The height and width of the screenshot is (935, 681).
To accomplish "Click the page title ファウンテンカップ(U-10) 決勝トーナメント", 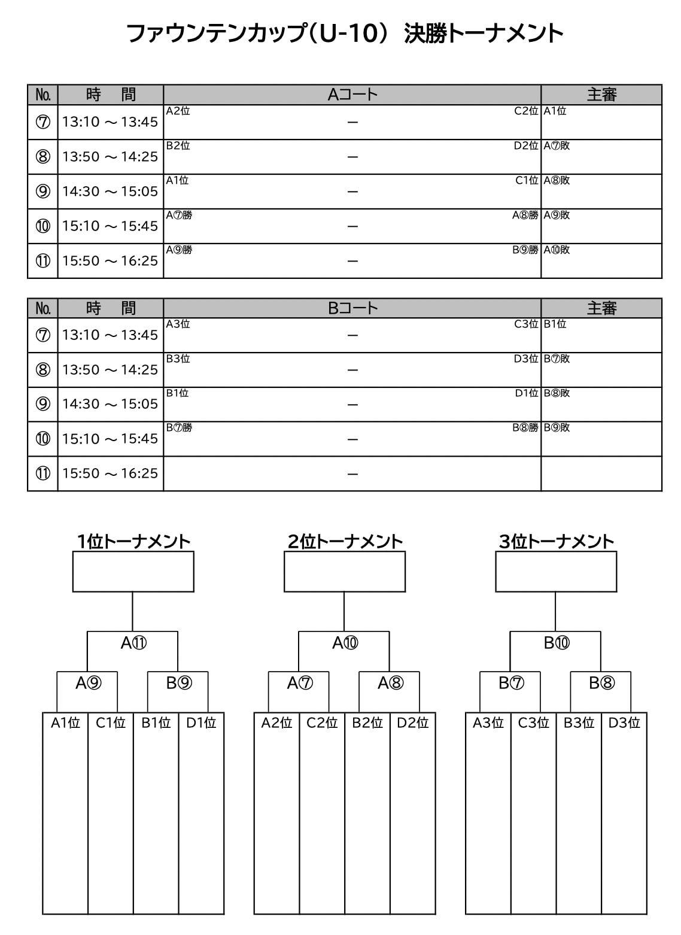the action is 345,34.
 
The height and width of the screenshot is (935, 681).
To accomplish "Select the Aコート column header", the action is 352,95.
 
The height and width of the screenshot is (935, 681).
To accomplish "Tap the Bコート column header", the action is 352,308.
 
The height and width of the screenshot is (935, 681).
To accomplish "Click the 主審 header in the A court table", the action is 601,95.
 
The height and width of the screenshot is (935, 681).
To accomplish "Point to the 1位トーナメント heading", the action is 133,541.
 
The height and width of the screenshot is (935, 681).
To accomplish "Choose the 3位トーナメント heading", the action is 557,541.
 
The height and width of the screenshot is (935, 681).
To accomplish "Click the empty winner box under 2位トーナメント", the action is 345,572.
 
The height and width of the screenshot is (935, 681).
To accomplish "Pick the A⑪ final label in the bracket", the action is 133,642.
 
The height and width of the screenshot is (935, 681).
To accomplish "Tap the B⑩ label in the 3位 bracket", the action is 557,642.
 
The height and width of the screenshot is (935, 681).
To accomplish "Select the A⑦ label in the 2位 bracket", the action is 300,683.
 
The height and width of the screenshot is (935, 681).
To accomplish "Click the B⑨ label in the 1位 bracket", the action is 179,683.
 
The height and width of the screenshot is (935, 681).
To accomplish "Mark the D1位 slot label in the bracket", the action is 201,722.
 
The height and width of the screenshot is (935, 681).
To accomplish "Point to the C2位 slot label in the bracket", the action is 322,722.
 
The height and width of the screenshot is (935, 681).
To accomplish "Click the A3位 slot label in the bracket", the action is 488,722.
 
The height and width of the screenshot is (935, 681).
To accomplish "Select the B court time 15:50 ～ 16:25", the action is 110,473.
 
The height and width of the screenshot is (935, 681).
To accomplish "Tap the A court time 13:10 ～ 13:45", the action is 110,122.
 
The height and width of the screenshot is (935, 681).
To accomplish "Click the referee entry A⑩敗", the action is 557,250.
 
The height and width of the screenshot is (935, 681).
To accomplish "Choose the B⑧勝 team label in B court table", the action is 525,427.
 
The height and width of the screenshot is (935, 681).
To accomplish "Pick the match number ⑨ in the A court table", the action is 42,191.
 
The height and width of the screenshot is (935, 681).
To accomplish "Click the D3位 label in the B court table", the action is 526,359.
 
